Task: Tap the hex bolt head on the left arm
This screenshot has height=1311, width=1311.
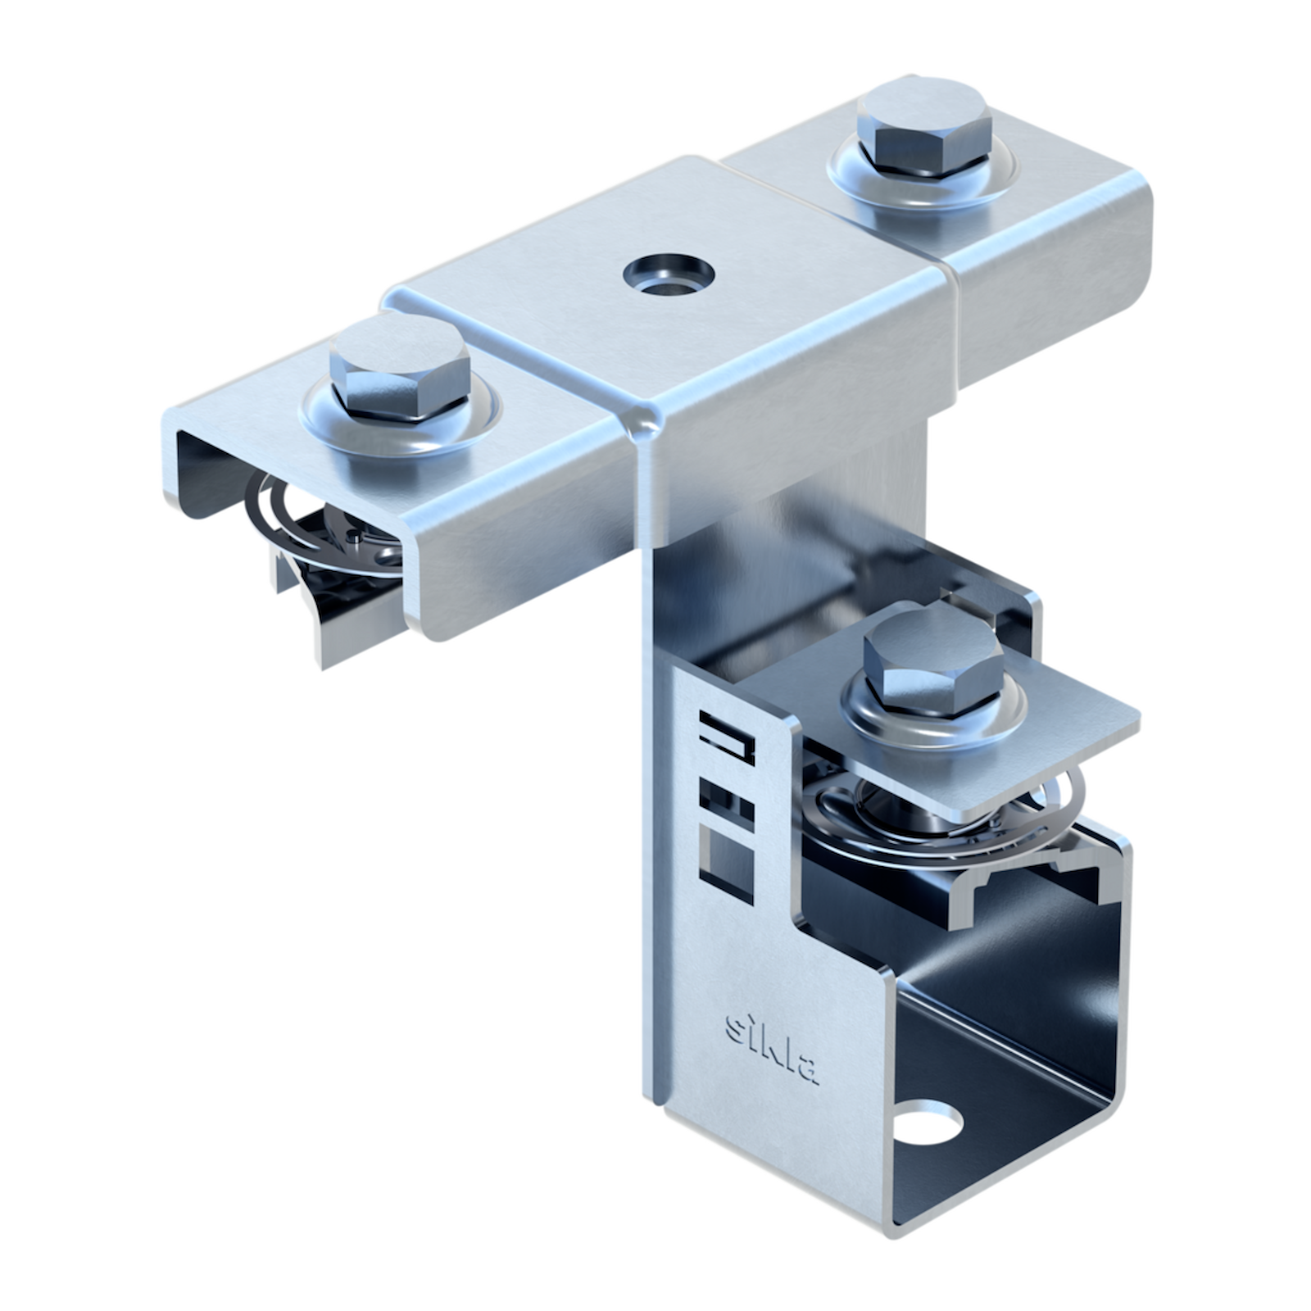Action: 399,368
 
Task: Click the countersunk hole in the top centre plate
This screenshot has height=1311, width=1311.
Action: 669,273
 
